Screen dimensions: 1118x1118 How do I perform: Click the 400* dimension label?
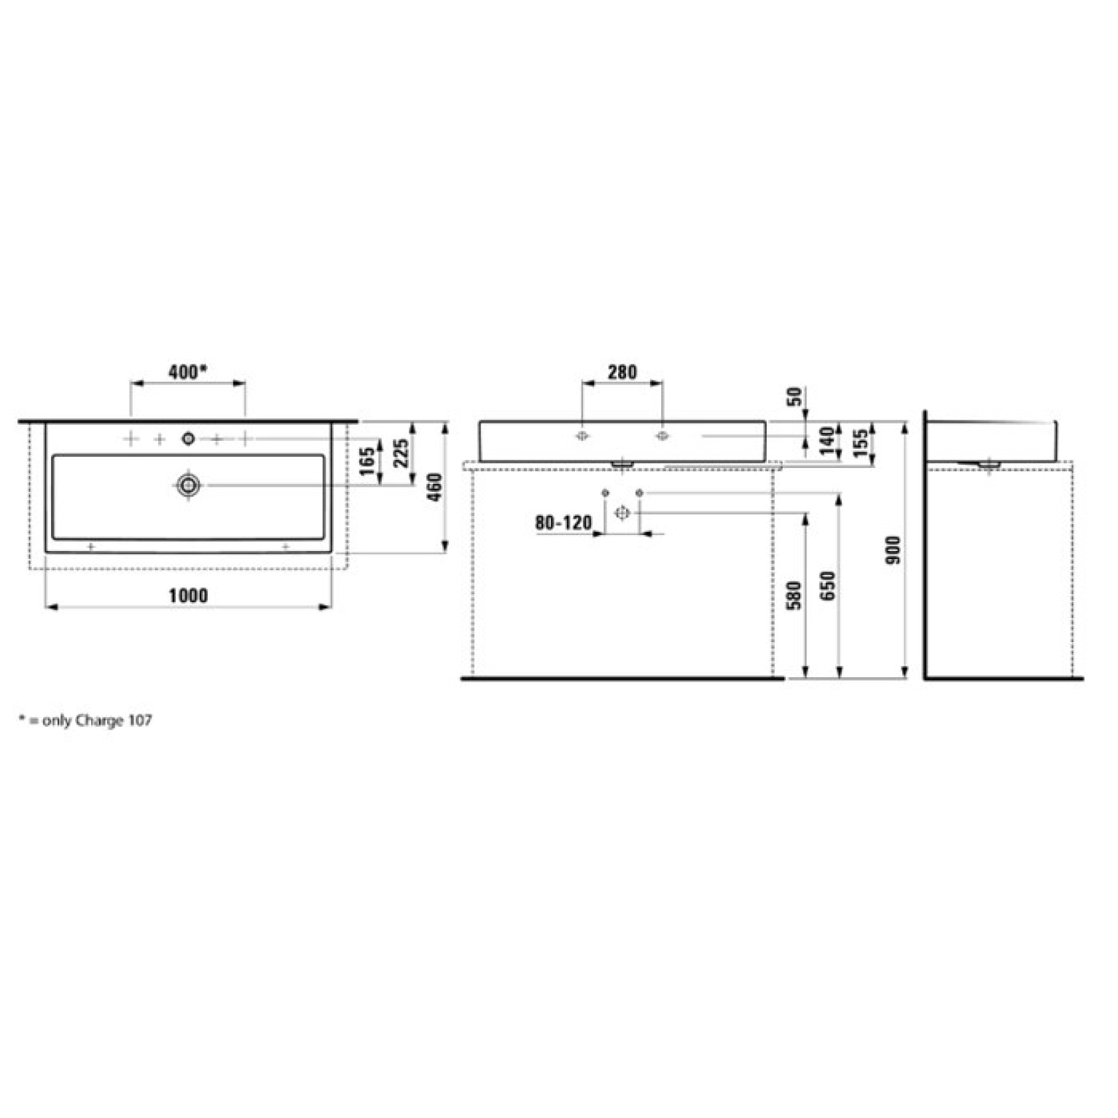click(x=188, y=372)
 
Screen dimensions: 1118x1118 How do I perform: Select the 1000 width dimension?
click(x=188, y=595)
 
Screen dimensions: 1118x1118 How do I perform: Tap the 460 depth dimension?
click(x=434, y=487)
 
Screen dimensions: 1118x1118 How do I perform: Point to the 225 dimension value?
click(x=401, y=453)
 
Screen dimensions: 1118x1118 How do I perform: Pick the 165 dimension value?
click(x=367, y=461)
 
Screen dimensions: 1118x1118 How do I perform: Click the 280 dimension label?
click(x=622, y=372)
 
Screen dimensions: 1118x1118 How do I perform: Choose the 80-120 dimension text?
click(x=563, y=523)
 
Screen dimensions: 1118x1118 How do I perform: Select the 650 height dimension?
click(x=827, y=586)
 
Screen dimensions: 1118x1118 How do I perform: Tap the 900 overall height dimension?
click(x=894, y=550)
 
